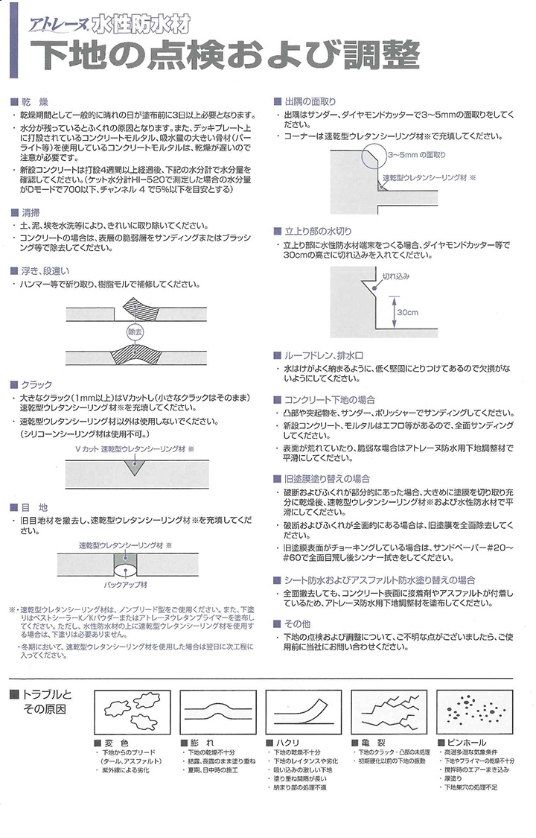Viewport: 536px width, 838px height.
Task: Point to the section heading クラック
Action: click(38, 384)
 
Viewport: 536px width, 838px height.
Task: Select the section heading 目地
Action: click(34, 507)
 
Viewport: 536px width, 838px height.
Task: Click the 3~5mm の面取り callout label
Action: click(417, 155)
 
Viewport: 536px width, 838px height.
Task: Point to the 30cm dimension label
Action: click(406, 311)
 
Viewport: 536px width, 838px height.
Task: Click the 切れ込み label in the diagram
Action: click(396, 276)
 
